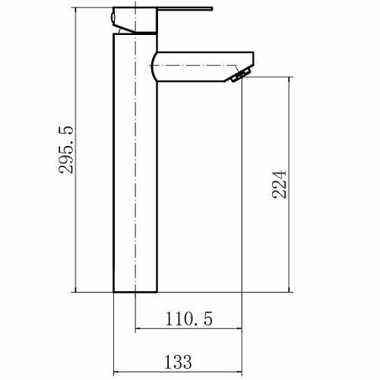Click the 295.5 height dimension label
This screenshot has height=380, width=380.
click(66, 150)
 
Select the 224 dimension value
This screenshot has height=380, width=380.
click(280, 185)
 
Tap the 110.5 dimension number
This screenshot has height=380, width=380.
click(189, 318)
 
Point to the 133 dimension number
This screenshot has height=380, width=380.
click(178, 362)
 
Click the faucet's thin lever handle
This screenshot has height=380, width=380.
click(185, 9)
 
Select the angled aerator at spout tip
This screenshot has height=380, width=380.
click(242, 75)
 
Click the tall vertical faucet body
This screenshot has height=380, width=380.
click(135, 163)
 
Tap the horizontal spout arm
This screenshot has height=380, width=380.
click(203, 67)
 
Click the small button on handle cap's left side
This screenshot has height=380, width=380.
click(112, 17)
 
